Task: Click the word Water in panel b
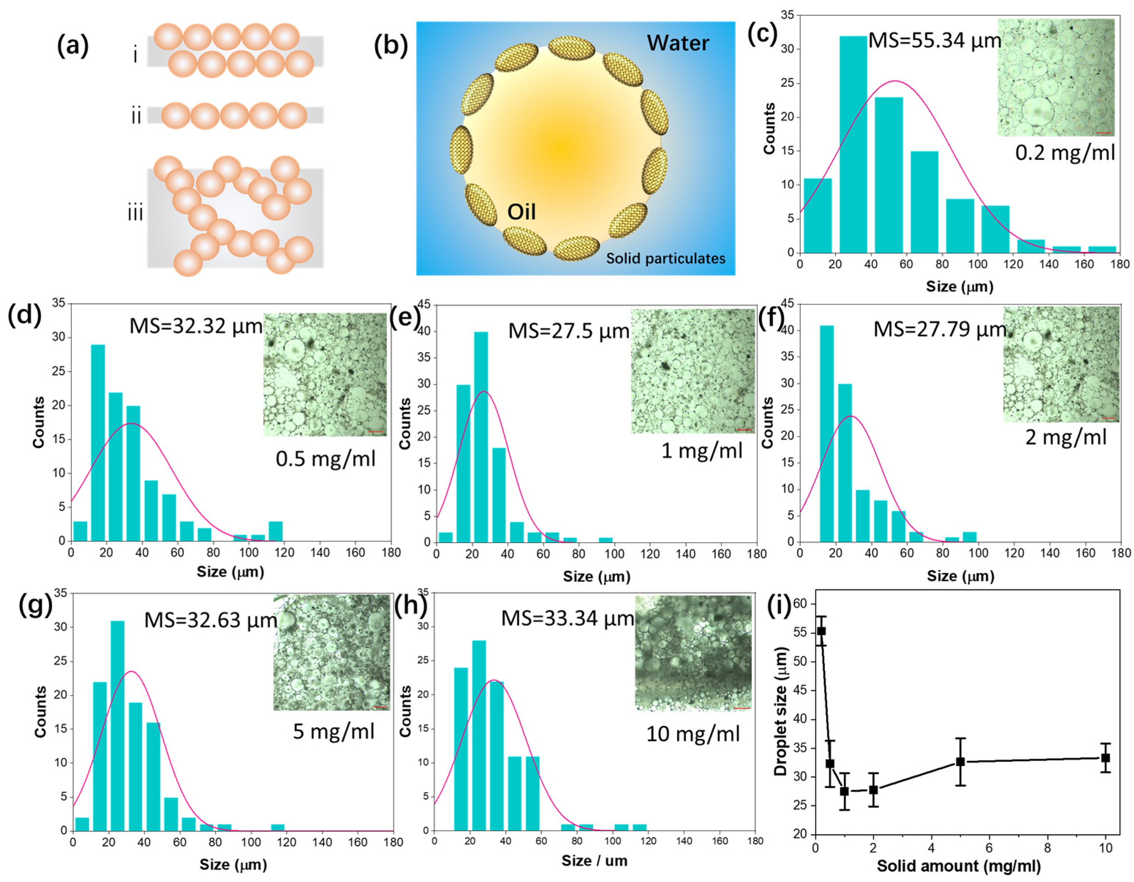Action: point(678,43)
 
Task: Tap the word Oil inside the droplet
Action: point(521,212)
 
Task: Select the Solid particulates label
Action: point(665,258)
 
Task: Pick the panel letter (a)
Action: point(73,46)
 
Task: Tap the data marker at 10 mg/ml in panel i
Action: point(1105,758)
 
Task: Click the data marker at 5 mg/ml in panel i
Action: point(960,761)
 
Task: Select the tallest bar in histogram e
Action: point(481,436)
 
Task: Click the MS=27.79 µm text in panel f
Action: point(940,329)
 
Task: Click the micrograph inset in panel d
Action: point(325,374)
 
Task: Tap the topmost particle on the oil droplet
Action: point(571,47)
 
